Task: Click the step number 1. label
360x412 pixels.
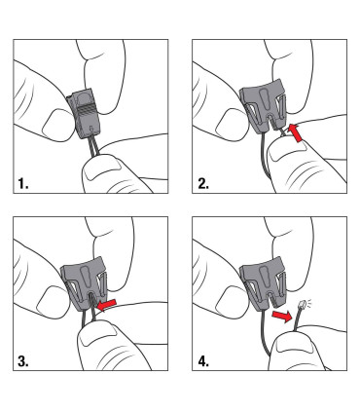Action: pyautogui.click(x=23, y=184)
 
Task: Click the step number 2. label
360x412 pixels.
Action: pyautogui.click(x=203, y=184)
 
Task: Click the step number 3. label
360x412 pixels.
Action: pyautogui.click(x=23, y=361)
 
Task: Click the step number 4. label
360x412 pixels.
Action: pyautogui.click(x=203, y=361)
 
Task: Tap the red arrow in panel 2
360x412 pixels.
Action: pyautogui.click(x=296, y=132)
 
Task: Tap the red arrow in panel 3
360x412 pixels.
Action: pyautogui.click(x=107, y=305)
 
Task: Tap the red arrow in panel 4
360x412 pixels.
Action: pyautogui.click(x=282, y=317)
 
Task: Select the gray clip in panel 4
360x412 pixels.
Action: pyautogui.click(x=264, y=282)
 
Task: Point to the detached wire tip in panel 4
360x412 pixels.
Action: pyautogui.click(x=302, y=305)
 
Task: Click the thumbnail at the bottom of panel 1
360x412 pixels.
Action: pyautogui.click(x=102, y=170)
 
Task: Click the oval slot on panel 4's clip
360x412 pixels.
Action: pyautogui.click(x=264, y=275)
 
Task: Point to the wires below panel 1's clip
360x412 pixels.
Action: pyautogui.click(x=93, y=149)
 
